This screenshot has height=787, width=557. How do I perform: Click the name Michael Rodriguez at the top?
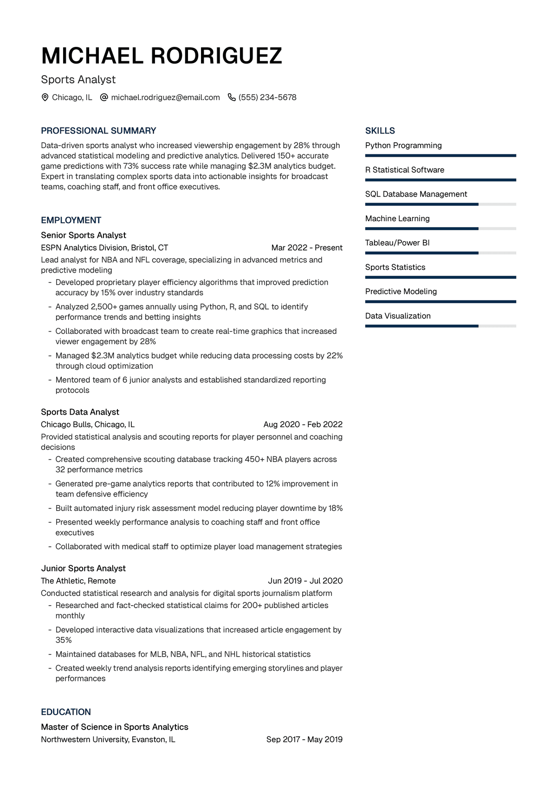[162, 56]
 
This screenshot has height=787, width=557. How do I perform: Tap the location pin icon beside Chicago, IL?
[45, 97]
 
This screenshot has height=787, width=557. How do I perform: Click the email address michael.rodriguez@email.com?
[165, 97]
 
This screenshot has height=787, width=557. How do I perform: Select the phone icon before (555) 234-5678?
[232, 97]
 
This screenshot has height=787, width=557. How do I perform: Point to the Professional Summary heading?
[98, 131]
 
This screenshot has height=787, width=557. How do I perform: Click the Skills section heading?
[380, 131]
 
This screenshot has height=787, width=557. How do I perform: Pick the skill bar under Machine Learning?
[440, 229]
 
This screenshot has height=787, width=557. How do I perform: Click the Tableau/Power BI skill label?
[397, 243]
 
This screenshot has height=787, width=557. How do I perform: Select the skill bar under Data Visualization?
[440, 326]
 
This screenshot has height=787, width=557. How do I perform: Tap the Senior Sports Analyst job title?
[84, 235]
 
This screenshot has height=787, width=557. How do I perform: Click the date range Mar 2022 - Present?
[307, 248]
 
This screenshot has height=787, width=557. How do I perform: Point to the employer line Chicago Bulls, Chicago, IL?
[88, 424]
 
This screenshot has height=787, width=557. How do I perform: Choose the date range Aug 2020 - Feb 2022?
[303, 424]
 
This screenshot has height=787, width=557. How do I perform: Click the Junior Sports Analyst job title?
[84, 568]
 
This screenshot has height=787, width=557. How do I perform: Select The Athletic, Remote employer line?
[78, 581]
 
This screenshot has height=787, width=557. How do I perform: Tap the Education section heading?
[66, 712]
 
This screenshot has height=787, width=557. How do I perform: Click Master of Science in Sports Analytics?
[115, 727]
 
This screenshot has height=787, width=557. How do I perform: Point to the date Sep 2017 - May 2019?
[304, 739]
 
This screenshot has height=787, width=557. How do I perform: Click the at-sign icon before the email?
[104, 97]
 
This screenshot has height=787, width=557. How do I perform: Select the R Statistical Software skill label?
[405, 170]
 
